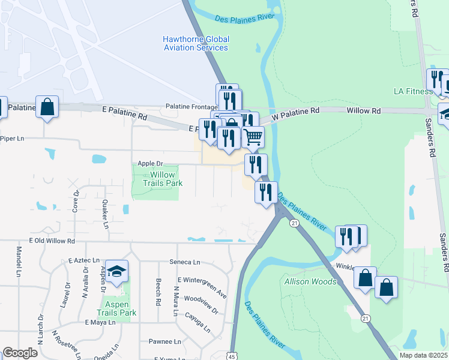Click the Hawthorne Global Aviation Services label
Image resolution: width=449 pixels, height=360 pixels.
coord(196,43)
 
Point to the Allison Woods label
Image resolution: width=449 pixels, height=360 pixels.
coord(310,281)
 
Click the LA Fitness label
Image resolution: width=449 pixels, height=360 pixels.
coord(413,91)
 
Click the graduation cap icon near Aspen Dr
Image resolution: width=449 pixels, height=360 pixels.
coord(118,270)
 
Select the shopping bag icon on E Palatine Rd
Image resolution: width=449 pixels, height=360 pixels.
coord(47,107)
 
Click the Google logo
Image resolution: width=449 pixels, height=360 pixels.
coord(20,353)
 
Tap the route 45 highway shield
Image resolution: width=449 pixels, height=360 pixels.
coord(232,356)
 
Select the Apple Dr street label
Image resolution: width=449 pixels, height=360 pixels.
coord(150,163)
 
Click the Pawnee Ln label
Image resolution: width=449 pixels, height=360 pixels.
coord(164,341)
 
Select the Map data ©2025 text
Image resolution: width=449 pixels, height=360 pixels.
coord(424,355)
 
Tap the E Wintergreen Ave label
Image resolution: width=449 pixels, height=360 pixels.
coord(202,287)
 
